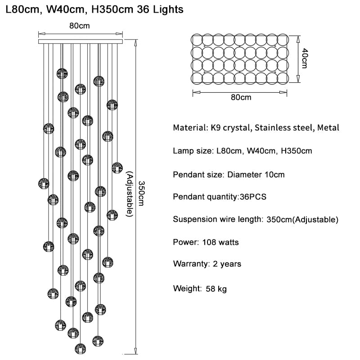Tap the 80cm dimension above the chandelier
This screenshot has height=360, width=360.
tap(80, 26)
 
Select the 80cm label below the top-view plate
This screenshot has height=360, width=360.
tap(241, 97)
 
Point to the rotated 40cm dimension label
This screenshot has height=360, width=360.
tap(304, 58)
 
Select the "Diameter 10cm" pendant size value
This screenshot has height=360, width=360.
tap(256, 174)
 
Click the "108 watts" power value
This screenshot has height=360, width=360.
tap(220, 243)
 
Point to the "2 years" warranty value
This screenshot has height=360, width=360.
tap(226, 264)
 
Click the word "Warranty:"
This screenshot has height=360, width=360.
tap(189, 264)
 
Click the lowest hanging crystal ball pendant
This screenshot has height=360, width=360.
tap(80, 348)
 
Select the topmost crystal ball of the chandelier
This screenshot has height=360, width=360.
tap(63, 73)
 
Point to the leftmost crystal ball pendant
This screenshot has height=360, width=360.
tap(43, 183)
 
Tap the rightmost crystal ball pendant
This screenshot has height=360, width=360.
tap(117, 167)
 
